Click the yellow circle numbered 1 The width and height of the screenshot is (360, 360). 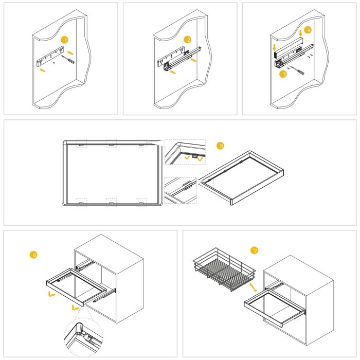pyautogui.click(x=64, y=39)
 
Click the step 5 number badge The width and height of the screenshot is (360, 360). pyautogui.click(x=221, y=146)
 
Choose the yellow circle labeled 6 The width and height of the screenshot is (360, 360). pyautogui.click(x=34, y=254)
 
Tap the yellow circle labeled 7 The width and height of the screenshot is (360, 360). pyautogui.click(x=253, y=250)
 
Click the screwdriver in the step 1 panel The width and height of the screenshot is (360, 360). pyautogui.click(x=69, y=60)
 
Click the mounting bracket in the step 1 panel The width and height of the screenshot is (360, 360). pyautogui.click(x=49, y=56)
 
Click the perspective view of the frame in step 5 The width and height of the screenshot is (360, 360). pyautogui.click(x=242, y=177)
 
